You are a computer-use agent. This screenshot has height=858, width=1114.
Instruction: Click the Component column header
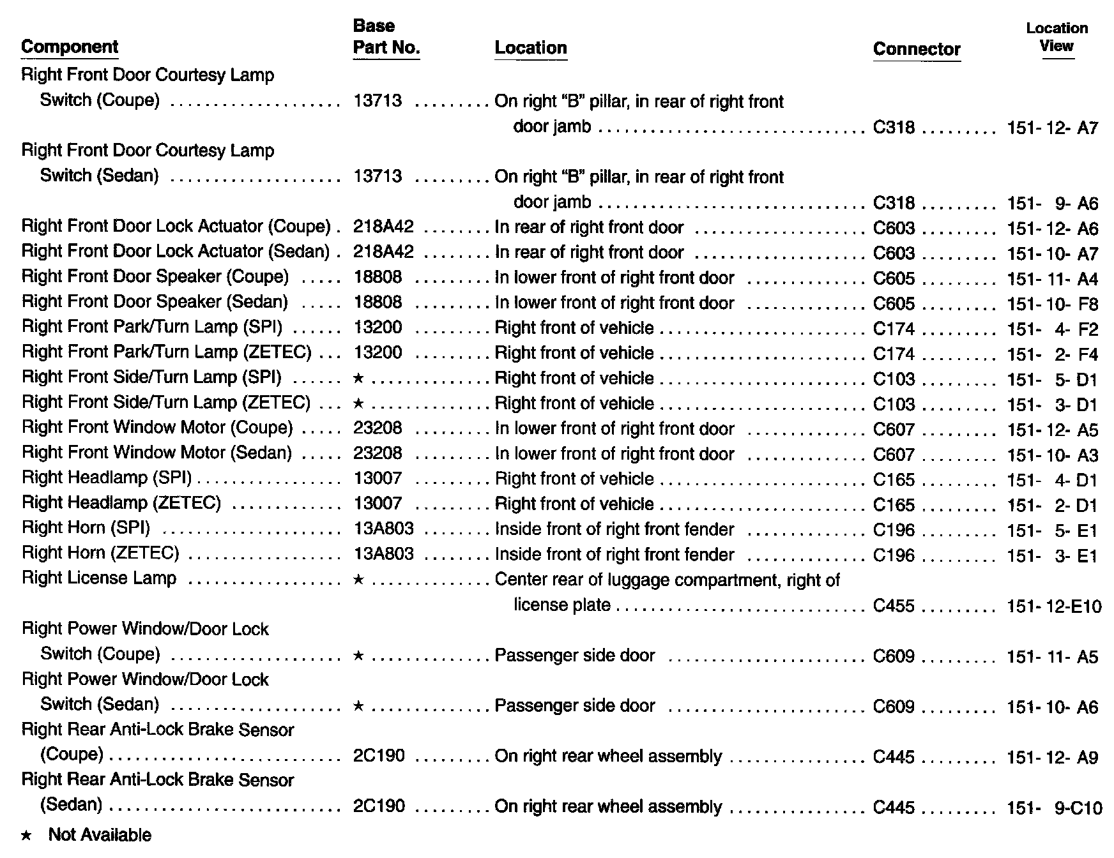[x=70, y=47]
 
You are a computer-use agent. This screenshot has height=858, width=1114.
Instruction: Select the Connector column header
[x=917, y=49]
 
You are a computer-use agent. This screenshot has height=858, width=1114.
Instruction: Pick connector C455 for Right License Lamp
[x=894, y=606]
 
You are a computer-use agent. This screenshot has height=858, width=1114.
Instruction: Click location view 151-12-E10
[x=1054, y=606]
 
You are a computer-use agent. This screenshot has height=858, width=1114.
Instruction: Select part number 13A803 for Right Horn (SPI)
[x=383, y=530]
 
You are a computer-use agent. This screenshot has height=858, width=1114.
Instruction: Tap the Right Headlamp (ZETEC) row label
[x=121, y=504]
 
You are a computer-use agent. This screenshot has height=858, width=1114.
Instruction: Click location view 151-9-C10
[x=1054, y=808]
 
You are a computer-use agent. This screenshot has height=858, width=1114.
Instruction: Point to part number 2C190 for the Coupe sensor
[x=379, y=756]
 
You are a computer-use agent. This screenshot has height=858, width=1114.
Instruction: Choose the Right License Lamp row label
[x=99, y=579]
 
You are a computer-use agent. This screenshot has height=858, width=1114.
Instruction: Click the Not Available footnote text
[x=100, y=836]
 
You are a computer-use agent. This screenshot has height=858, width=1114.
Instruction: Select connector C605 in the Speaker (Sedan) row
[x=894, y=304]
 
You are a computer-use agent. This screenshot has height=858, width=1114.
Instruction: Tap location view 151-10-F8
[x=1052, y=304]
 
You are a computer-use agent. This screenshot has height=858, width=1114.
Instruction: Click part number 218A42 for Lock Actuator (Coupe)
[x=383, y=227]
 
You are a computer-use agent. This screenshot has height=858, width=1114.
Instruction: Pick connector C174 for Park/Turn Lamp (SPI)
[x=894, y=329]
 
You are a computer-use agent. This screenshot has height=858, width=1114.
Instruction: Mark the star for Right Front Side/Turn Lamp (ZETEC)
[x=358, y=404]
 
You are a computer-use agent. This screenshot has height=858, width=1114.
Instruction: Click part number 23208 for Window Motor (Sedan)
[x=378, y=454]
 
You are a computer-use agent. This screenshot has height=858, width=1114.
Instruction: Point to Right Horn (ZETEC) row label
[x=100, y=554]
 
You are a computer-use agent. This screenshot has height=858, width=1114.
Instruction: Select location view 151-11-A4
[x=1052, y=279]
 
